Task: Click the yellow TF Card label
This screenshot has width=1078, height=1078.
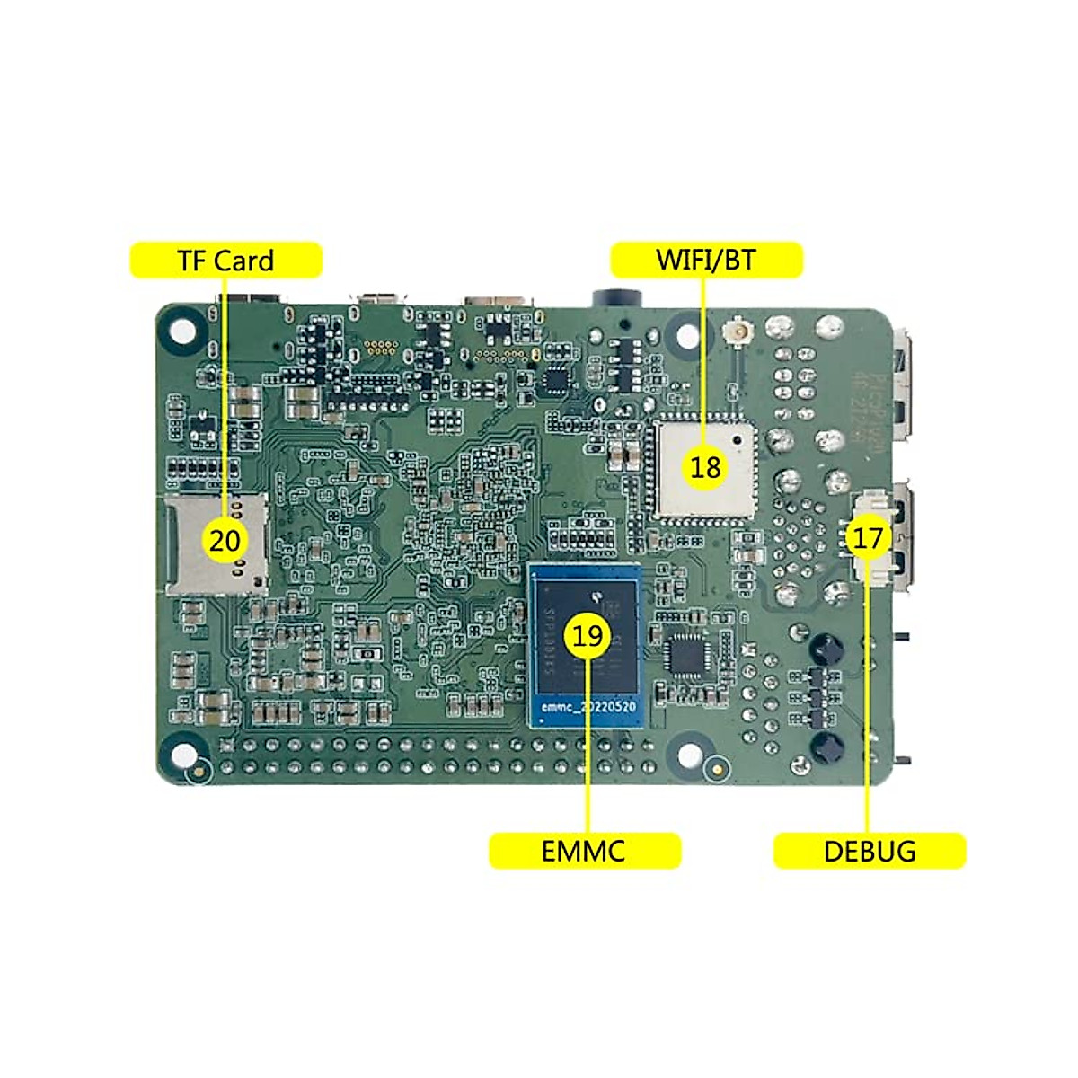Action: pos(225,261)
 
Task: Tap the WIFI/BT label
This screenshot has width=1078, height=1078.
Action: pos(706,261)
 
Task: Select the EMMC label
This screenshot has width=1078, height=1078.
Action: pos(584,851)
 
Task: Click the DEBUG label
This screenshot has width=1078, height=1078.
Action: pos(869,851)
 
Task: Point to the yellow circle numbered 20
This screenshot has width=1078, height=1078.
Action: pos(225,541)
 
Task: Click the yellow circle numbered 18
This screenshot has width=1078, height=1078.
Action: pos(706,466)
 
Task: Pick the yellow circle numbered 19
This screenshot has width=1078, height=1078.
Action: pos(588,636)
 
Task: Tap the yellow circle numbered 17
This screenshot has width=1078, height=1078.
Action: pos(868,539)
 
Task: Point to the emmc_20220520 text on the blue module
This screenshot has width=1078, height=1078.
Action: pos(589,708)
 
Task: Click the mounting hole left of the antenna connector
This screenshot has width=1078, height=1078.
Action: pos(686,335)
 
